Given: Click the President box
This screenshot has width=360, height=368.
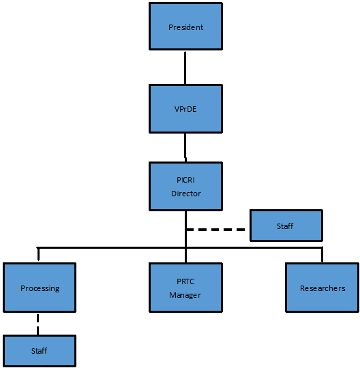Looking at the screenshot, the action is click(x=185, y=27).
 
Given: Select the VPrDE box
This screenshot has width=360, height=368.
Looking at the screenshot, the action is click(x=185, y=108).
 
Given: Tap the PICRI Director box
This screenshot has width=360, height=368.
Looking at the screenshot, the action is click(x=185, y=186).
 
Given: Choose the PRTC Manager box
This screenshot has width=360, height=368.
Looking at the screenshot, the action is click(x=185, y=288).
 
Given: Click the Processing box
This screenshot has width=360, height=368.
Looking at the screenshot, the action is click(x=40, y=288).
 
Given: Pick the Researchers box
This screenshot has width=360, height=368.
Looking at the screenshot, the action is click(x=322, y=288).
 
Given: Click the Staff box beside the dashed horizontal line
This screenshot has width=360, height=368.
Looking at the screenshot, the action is click(x=286, y=226).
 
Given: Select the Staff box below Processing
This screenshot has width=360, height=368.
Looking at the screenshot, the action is click(x=40, y=351).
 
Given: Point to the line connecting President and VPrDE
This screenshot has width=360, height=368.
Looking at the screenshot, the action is click(x=185, y=67).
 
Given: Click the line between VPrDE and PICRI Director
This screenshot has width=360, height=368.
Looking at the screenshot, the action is click(x=185, y=147).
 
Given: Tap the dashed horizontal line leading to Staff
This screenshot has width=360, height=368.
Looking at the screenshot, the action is click(x=215, y=230).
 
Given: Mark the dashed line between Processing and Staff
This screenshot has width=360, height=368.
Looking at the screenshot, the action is click(x=37, y=324).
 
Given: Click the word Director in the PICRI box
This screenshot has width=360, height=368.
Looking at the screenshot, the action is click(x=185, y=194).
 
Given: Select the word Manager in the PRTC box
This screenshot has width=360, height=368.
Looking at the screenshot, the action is click(x=185, y=295).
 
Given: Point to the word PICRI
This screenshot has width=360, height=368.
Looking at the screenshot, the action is click(x=185, y=180).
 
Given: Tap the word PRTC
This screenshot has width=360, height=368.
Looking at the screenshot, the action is click(x=185, y=281).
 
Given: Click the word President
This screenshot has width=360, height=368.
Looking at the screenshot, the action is click(x=185, y=27).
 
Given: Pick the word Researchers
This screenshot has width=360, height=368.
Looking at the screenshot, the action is click(x=322, y=288).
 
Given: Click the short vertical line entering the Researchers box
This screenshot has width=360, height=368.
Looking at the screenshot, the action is click(x=322, y=254).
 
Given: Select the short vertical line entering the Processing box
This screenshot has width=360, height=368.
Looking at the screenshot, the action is click(x=38, y=254).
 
